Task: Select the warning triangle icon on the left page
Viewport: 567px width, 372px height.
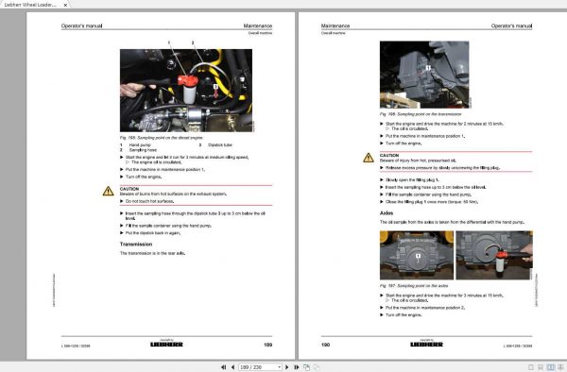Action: pyautogui.click(x=109, y=190)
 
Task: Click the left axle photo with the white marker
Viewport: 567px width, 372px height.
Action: pyautogui.click(x=416, y=256)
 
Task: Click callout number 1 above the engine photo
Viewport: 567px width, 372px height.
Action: pyautogui.click(x=169, y=43)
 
